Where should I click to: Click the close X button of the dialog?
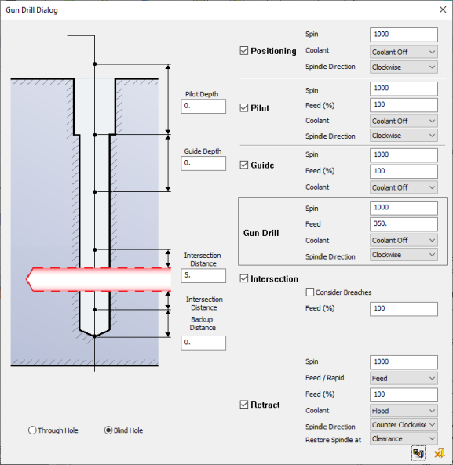443,9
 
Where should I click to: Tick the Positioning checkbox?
244,51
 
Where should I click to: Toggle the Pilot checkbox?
244,107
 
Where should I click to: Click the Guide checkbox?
244,165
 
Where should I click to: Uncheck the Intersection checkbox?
244,278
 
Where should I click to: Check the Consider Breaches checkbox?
310,292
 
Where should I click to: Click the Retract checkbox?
244,405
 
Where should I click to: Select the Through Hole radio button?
32,430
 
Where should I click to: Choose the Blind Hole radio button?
108,430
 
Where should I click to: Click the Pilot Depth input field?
203,106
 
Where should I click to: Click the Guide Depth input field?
203,163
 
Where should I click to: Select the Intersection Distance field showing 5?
203,275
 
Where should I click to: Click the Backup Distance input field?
203,343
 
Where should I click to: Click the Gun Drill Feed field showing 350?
404,224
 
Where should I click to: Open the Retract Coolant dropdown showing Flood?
404,411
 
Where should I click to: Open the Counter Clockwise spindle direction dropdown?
404,425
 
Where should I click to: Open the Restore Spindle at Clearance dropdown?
404,438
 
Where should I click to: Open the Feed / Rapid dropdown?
404,378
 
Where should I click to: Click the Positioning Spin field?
404,35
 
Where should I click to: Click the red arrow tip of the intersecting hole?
27,279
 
